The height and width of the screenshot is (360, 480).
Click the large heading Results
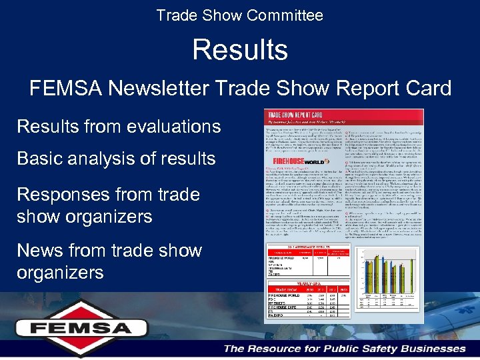[240, 50]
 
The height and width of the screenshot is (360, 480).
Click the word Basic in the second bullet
[40, 159]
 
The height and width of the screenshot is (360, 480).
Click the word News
[41, 251]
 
